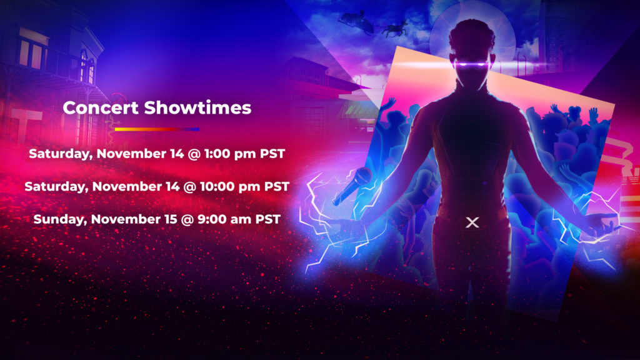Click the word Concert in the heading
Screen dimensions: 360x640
(x=101, y=107)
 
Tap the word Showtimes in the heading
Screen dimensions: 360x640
(x=197, y=107)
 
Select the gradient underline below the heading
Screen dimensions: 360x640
(x=157, y=129)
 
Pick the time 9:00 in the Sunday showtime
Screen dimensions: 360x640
(x=221, y=219)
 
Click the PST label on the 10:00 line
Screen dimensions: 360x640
(x=275, y=187)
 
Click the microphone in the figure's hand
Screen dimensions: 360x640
(x=352, y=185)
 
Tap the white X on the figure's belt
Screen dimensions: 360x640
(x=472, y=222)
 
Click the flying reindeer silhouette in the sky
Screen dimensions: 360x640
(x=395, y=27)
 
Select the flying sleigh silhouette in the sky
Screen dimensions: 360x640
(x=354, y=21)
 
